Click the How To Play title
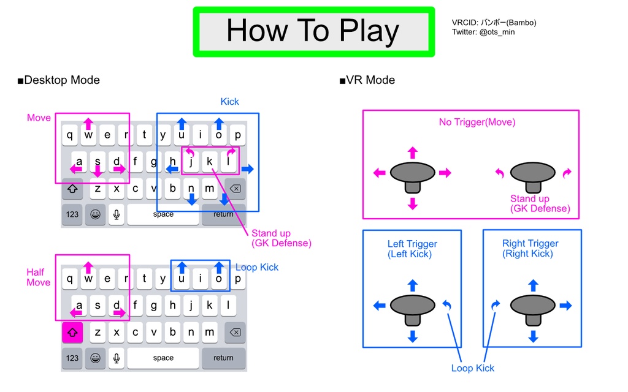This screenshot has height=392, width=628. click(x=313, y=31)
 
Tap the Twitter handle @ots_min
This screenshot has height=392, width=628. click(x=483, y=32)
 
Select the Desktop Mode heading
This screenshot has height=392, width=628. click(x=58, y=80)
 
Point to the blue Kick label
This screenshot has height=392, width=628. click(x=229, y=102)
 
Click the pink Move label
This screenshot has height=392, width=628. click(x=39, y=118)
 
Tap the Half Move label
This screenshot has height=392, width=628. click(x=39, y=277)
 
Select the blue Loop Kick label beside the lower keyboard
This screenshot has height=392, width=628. click(x=257, y=267)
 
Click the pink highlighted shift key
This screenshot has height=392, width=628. click(x=72, y=333)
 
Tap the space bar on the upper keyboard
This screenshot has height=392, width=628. click(x=163, y=214)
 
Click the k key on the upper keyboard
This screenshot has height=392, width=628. click(x=210, y=162)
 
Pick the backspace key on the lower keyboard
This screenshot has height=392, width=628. click(x=235, y=333)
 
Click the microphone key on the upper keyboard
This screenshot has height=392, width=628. click(x=116, y=214)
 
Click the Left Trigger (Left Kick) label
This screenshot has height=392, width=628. click(x=412, y=249)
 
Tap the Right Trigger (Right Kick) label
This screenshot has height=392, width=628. click(x=530, y=248)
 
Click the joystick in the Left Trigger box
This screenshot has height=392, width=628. click(x=412, y=306)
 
